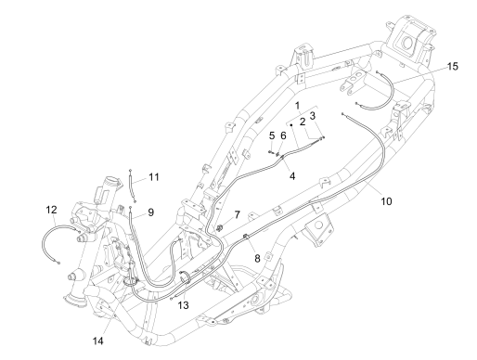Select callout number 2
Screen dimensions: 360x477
click(302, 122)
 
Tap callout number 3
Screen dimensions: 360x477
click(315, 115)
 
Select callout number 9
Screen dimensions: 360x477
click(150, 212)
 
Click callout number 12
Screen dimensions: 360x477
click(52, 211)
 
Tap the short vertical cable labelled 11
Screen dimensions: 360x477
click(135, 186)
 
